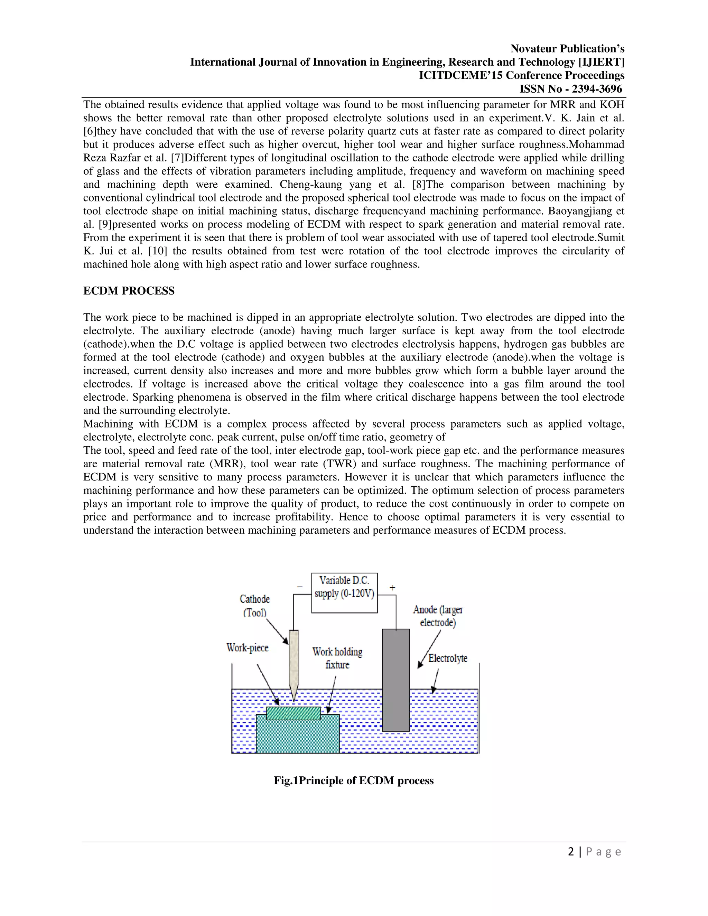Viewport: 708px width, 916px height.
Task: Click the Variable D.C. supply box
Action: pos(344,592)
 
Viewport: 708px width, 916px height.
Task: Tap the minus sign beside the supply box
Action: pos(300,587)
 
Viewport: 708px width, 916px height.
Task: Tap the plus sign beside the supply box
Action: pos(392,588)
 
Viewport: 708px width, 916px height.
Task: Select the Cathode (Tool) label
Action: pos(254,606)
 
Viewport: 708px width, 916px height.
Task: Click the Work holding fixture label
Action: pos(337,658)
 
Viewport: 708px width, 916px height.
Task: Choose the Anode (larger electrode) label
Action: pos(438,616)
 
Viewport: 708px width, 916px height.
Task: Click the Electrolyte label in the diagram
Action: pos(448,658)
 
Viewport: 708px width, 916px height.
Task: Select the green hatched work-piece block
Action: pos(294,713)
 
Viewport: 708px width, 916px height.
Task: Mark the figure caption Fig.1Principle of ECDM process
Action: pos(354,781)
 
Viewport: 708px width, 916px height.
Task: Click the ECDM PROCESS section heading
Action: pos(129,291)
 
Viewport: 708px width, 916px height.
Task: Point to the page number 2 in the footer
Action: pos(571,852)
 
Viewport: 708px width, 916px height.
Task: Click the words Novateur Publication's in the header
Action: pos(567,49)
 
